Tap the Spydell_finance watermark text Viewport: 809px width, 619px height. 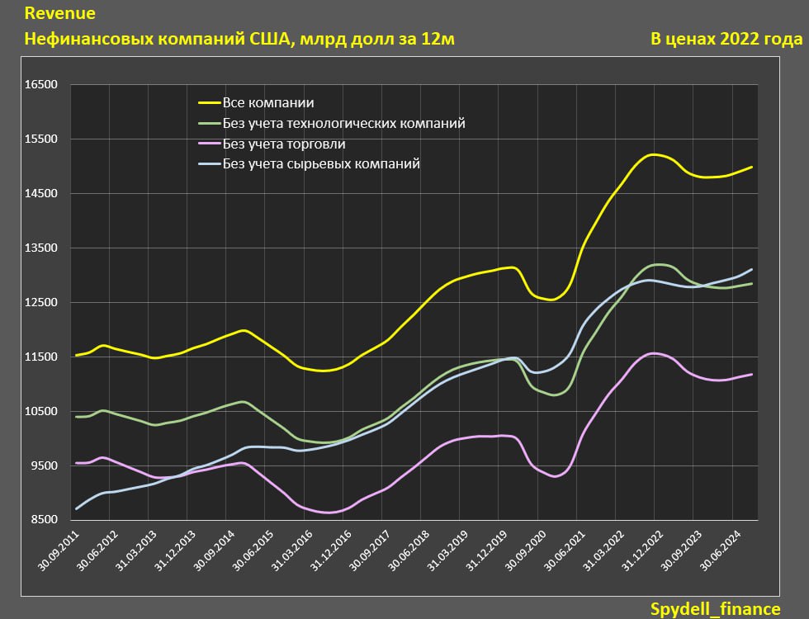pos(715,608)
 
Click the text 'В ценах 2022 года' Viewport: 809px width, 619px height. pos(726,39)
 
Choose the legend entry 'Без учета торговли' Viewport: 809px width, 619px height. pos(284,144)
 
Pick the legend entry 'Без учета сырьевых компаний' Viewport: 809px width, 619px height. pos(321,163)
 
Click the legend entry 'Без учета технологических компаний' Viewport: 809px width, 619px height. pos(343,123)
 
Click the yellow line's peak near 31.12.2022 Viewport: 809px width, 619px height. pos(654,154)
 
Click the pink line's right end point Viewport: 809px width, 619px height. pos(752,375)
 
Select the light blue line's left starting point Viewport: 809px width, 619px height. pos(77,508)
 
